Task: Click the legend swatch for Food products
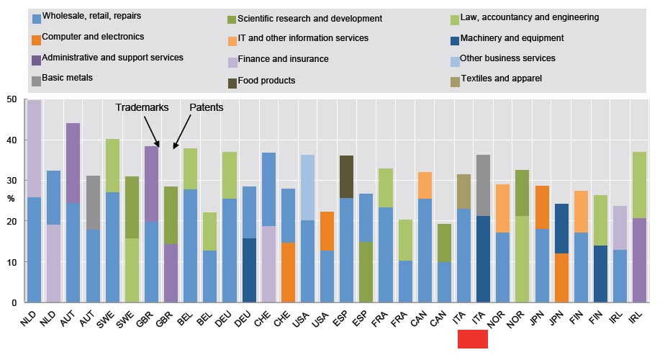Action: (232, 81)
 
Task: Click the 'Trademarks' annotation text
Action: (142, 108)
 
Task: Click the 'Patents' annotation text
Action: (206, 108)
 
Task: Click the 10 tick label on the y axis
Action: (12, 263)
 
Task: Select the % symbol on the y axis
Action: (11, 199)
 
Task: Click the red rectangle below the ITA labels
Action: (473, 339)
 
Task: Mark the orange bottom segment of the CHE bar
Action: (288, 272)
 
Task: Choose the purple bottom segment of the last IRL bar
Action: (639, 260)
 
